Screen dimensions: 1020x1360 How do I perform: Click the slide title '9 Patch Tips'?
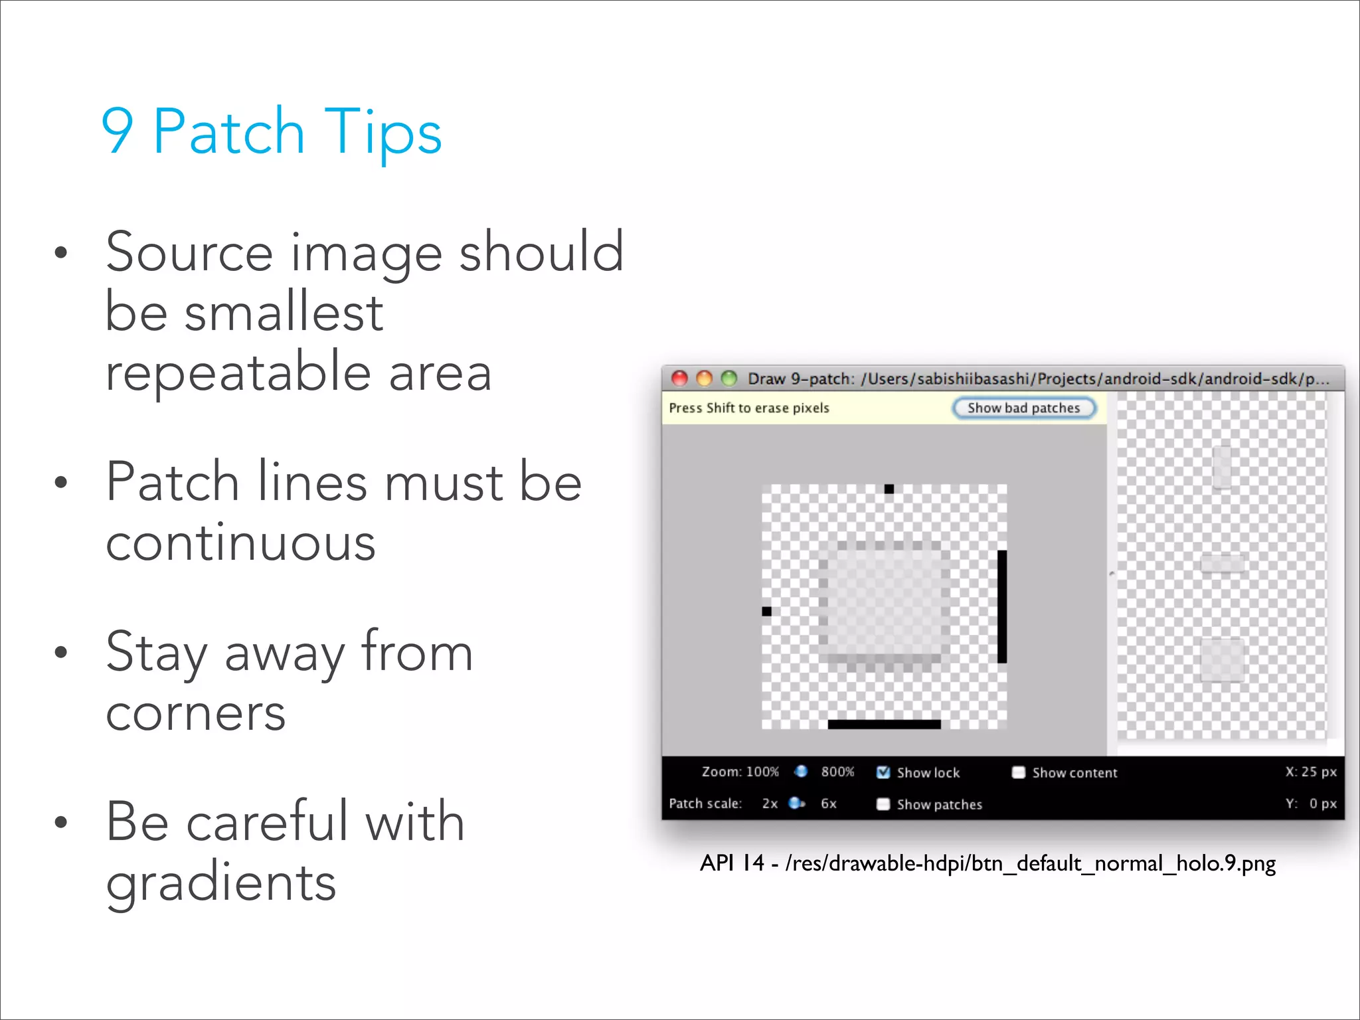[x=271, y=131]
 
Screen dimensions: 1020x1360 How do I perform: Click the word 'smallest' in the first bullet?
[x=284, y=312]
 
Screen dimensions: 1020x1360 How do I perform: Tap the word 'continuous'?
[x=240, y=543]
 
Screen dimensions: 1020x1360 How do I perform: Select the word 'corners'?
[x=196, y=713]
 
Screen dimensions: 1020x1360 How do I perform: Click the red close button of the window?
[x=679, y=379]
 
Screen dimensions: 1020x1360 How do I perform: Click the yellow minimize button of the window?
[x=704, y=379]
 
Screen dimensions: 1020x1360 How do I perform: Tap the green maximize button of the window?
[x=729, y=379]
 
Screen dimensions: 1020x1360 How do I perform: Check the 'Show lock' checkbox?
[x=883, y=772]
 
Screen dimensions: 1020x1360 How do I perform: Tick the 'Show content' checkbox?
[x=1018, y=772]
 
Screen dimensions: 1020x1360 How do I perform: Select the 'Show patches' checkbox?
[x=883, y=804]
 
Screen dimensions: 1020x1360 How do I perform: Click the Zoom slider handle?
[x=801, y=771]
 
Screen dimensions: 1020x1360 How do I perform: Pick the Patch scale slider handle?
[x=795, y=804]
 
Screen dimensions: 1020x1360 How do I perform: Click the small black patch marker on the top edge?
[x=889, y=489]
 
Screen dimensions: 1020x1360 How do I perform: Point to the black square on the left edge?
[x=766, y=611]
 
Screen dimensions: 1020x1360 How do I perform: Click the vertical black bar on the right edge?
[x=1002, y=606]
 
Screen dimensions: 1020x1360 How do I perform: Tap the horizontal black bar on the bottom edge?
[x=884, y=724]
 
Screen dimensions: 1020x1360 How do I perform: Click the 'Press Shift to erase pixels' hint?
[x=749, y=408]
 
